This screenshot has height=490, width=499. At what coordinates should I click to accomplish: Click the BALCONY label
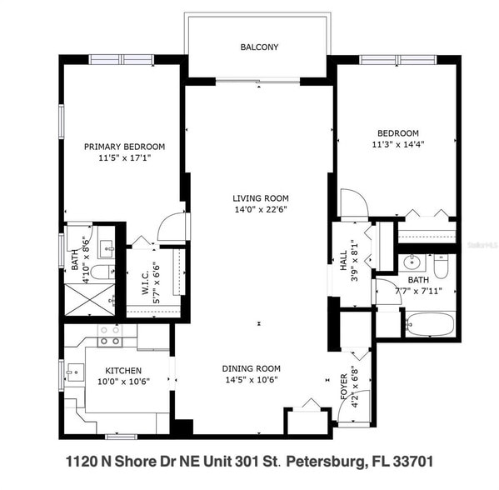click(x=259, y=47)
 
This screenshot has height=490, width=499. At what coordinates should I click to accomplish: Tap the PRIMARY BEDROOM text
click(x=124, y=147)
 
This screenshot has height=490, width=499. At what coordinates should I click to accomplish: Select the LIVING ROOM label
click(x=260, y=198)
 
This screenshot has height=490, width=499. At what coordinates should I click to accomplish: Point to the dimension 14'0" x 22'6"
click(x=260, y=210)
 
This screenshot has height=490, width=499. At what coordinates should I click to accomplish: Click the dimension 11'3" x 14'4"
click(x=397, y=144)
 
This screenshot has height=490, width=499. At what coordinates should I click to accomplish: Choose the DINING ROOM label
click(x=251, y=368)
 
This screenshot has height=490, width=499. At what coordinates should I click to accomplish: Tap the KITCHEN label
click(x=122, y=371)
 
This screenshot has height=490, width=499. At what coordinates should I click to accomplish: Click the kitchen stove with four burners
click(x=109, y=336)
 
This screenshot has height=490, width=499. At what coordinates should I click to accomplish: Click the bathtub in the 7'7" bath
click(x=430, y=323)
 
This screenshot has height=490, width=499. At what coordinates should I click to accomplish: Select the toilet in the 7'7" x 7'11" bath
click(x=442, y=266)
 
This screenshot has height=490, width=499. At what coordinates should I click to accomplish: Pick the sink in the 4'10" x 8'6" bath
click(x=106, y=247)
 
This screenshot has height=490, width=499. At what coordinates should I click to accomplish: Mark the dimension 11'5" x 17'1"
click(x=124, y=157)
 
